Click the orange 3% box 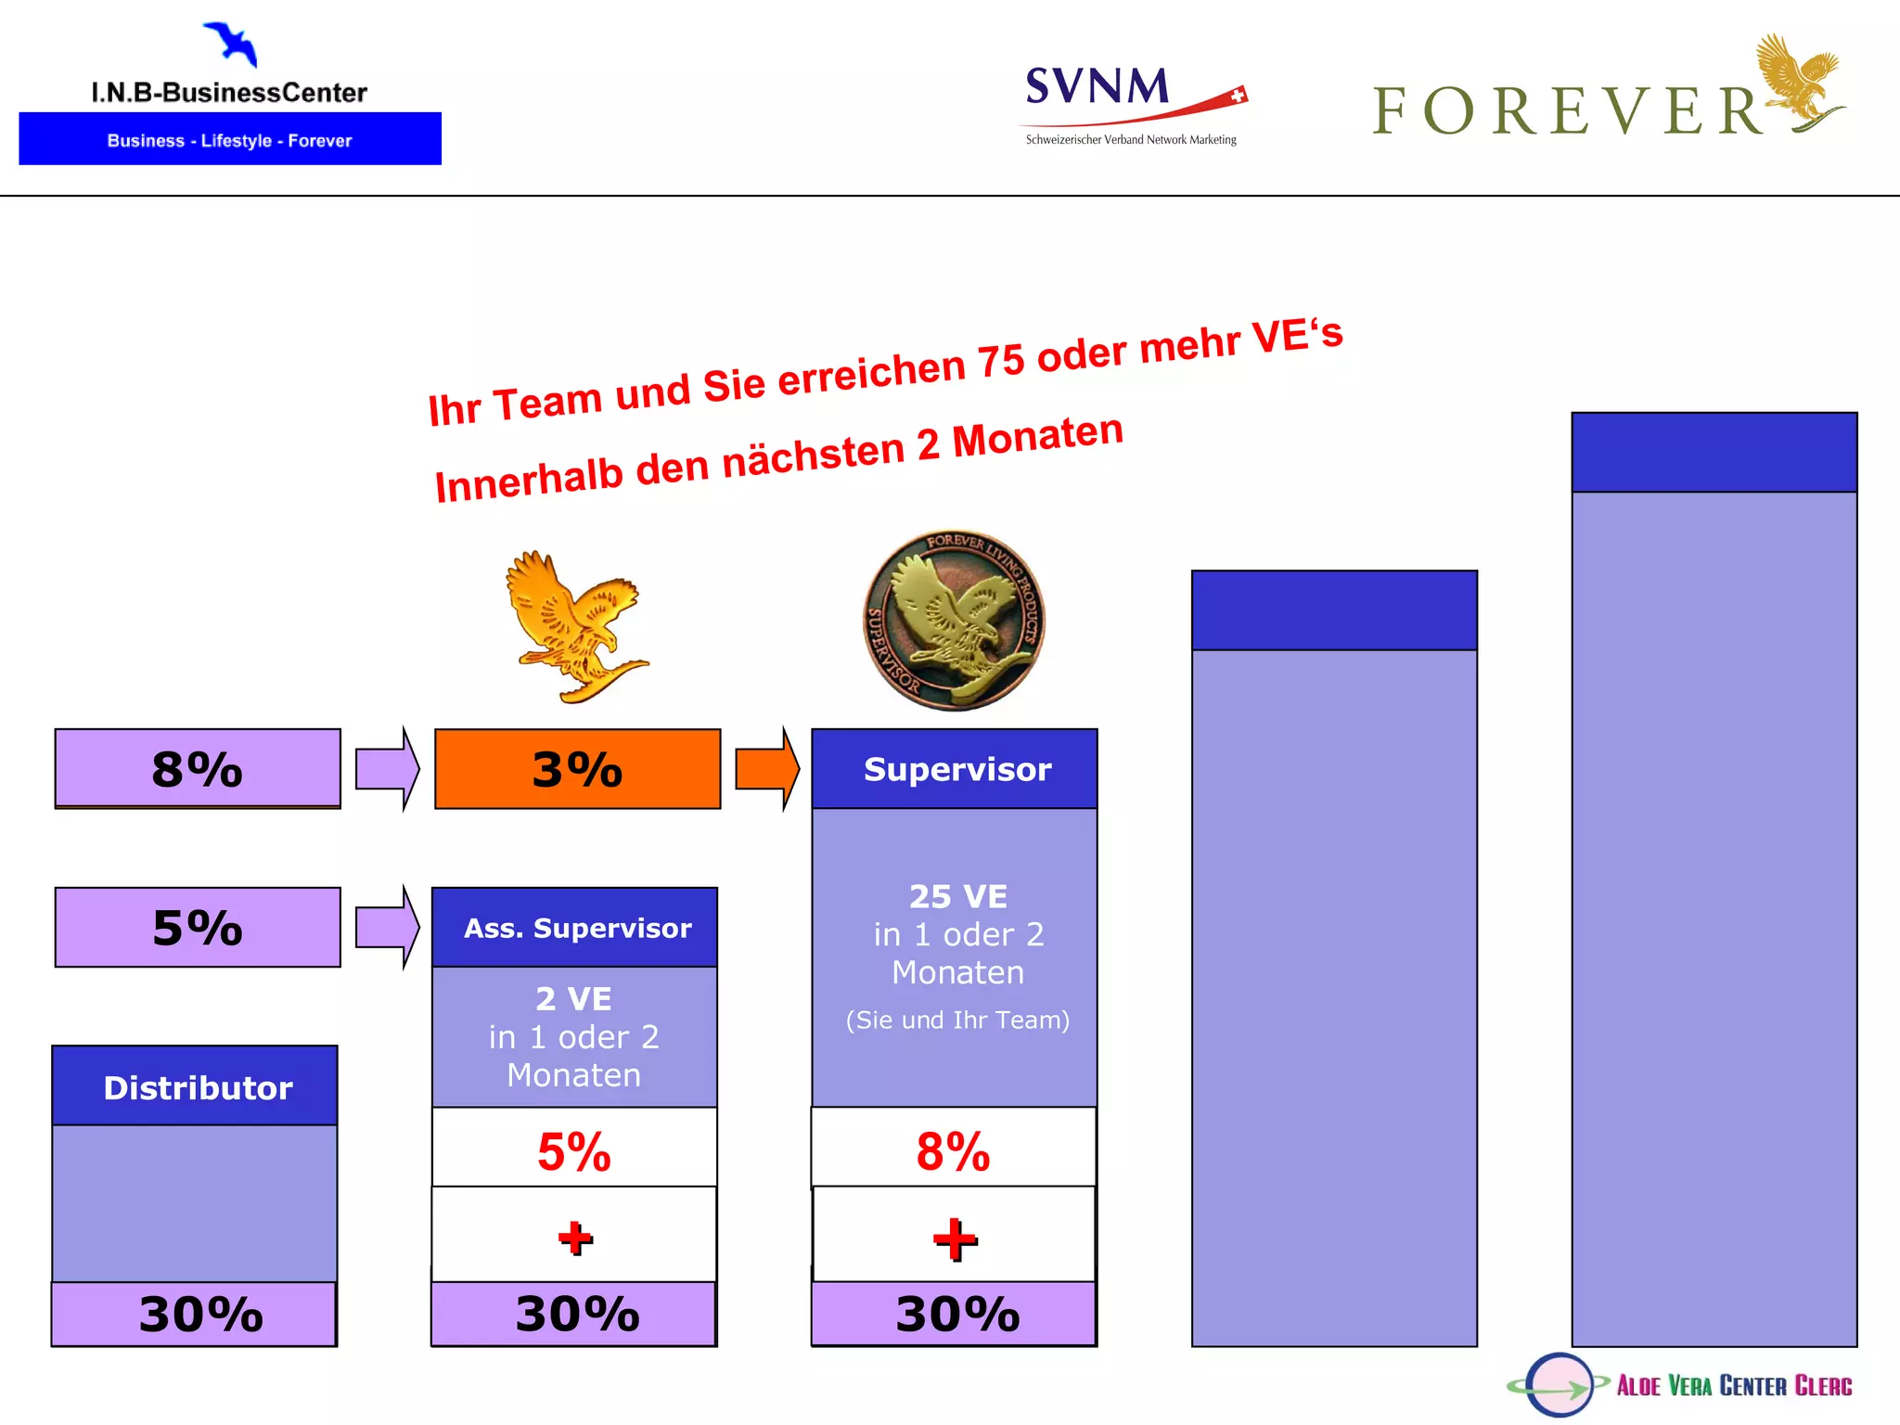(577, 768)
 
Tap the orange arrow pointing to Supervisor (766, 768)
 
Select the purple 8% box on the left (198, 768)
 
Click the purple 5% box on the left (198, 927)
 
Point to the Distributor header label (197, 1087)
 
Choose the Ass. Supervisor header (575, 928)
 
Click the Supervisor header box (956, 769)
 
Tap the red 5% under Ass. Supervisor (574, 1151)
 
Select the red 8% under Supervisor (953, 1151)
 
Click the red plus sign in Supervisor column (955, 1239)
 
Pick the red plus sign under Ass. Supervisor (575, 1238)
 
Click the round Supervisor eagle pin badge (955, 621)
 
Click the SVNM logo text (1098, 87)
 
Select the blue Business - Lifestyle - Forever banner (230, 139)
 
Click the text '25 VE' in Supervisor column (957, 896)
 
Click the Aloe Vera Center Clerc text (1733, 1385)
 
